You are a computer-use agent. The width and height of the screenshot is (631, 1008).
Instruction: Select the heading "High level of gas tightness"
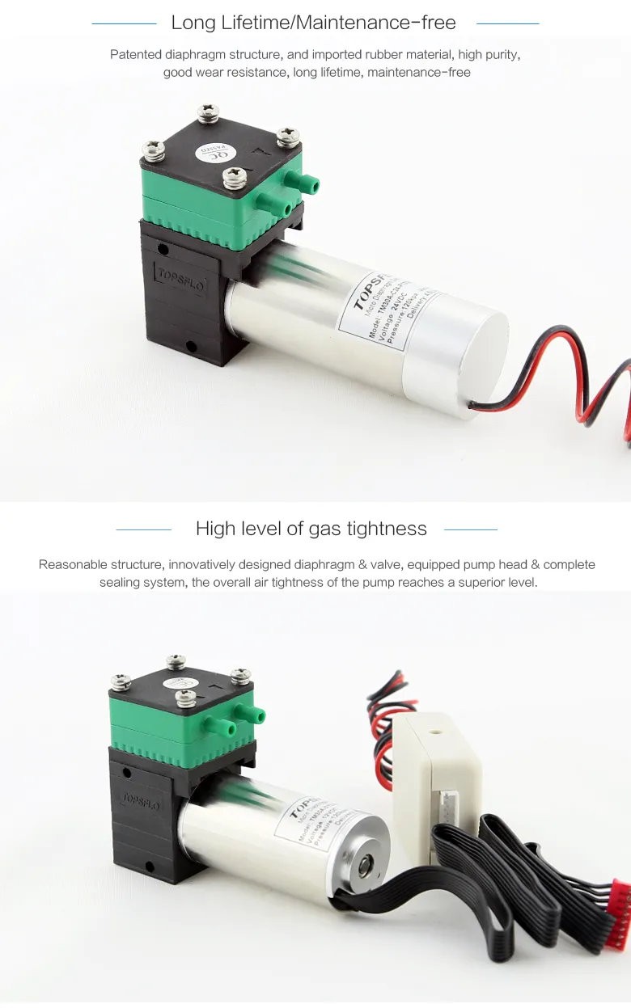coord(311,529)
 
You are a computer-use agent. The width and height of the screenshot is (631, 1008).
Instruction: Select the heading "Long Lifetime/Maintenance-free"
coord(313,23)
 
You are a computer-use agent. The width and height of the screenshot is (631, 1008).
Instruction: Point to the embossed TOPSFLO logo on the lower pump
coord(140,800)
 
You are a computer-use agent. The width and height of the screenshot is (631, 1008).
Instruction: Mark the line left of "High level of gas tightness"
coord(144,529)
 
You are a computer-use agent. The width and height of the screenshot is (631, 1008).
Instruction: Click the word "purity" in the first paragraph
coord(498,55)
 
